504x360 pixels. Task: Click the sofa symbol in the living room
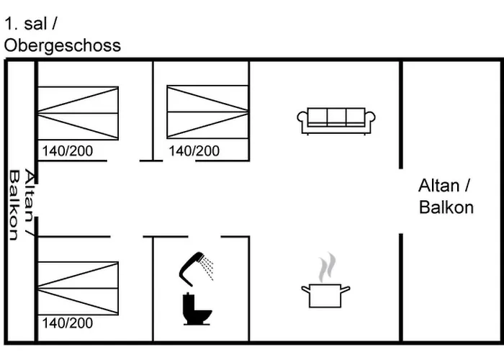[336, 121]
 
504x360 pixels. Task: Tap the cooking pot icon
[325, 296]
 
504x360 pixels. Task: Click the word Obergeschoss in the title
[63, 45]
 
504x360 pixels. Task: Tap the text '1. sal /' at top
[31, 24]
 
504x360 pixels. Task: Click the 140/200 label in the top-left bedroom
[68, 151]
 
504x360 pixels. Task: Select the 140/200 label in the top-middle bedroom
[194, 151]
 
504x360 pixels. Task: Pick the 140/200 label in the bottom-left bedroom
[68, 323]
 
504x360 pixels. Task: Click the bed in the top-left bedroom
[78, 113]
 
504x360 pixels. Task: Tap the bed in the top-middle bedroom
[207, 112]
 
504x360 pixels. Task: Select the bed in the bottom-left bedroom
[78, 288]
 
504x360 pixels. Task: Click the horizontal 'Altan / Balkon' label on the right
[446, 197]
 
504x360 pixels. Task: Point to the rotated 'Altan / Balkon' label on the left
[22, 204]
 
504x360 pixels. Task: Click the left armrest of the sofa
[302, 120]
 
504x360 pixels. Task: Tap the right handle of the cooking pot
[345, 289]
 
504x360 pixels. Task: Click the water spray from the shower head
[207, 268]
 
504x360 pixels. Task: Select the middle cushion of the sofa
[336, 117]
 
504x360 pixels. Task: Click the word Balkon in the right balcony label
[446, 207]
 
